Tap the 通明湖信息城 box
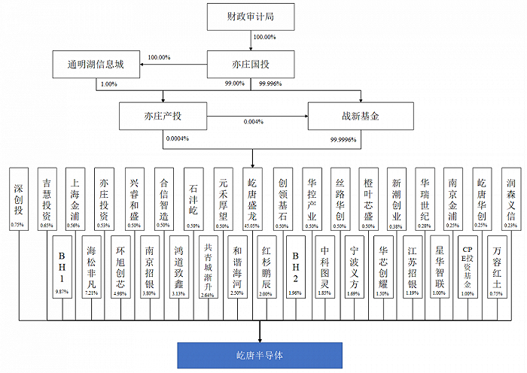[98, 65]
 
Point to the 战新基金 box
[360, 117]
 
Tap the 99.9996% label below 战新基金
[343, 139]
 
